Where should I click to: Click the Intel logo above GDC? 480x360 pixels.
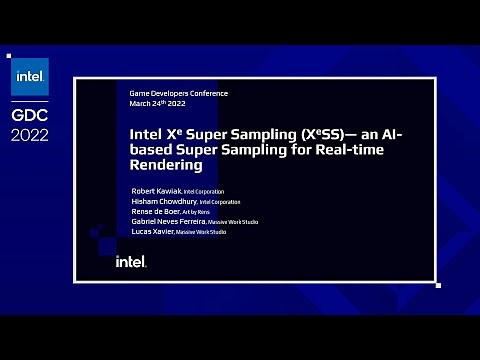[30, 77]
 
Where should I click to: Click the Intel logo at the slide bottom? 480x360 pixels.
[131, 261]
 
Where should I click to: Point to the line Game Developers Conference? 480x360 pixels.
[179, 94]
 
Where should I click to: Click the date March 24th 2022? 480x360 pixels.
[157, 103]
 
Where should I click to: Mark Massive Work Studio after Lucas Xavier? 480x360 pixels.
[201, 232]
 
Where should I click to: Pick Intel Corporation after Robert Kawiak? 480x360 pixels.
[204, 191]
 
